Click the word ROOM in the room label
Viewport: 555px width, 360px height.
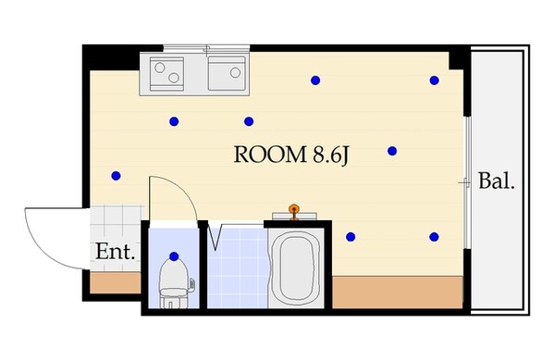pyautogui.click(x=265, y=155)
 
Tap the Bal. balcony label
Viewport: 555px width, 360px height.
pyautogui.click(x=496, y=180)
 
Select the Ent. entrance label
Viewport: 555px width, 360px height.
pyautogui.click(x=116, y=251)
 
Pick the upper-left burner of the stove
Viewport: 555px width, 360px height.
pyautogui.click(x=159, y=67)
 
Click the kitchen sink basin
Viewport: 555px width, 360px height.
pyautogui.click(x=227, y=72)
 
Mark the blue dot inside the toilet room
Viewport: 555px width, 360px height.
pyautogui.click(x=175, y=256)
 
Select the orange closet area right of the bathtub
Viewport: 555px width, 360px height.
pyautogui.click(x=396, y=292)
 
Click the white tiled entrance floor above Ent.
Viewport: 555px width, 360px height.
pyautogui.click(x=117, y=221)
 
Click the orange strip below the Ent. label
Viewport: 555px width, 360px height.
pyautogui.click(x=115, y=282)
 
